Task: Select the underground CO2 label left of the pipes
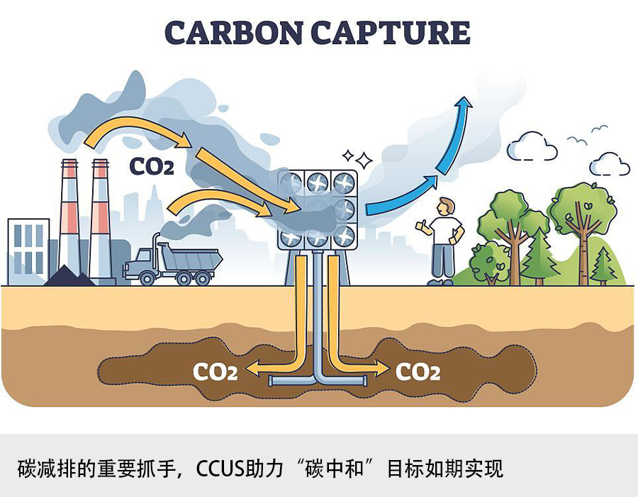pos(215,371)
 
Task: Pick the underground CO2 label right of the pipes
pos(418,371)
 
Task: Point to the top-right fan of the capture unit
pos(344,181)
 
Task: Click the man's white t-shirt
pos(444,231)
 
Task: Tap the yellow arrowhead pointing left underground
pos(250,369)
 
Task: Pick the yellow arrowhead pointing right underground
pos(384,369)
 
